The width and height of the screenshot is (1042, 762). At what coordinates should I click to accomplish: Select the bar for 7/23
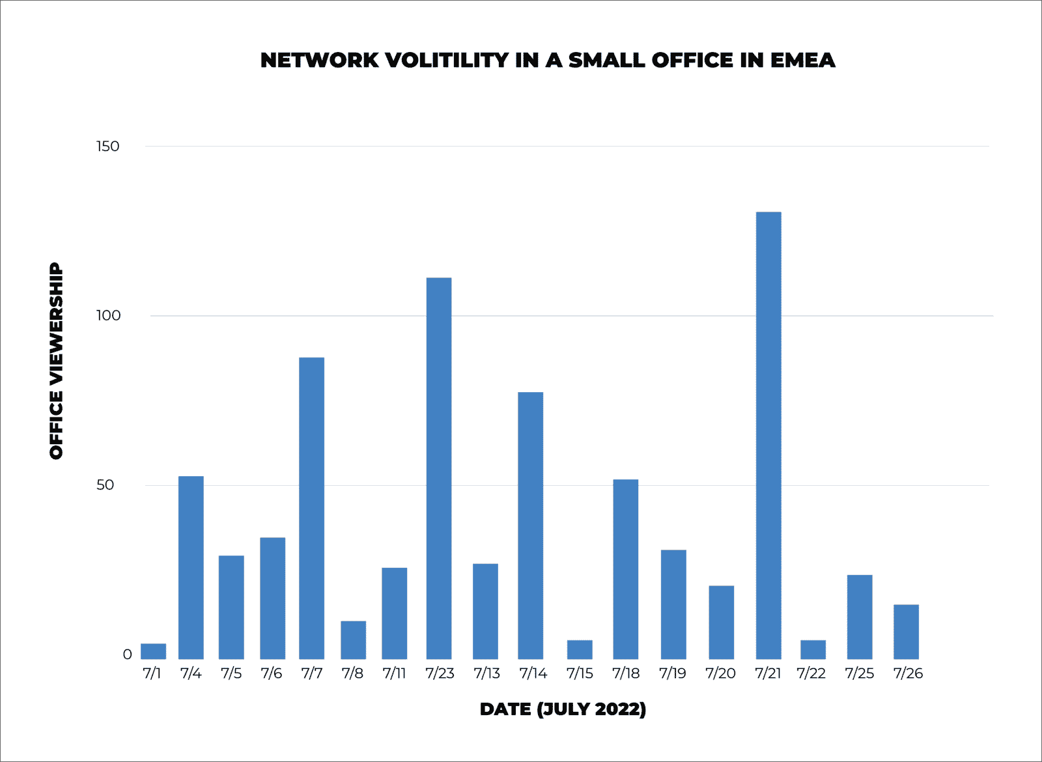tap(439, 468)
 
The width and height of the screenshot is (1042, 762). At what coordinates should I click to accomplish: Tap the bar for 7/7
tap(311, 508)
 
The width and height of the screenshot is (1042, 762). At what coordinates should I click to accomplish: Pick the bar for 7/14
tap(530, 526)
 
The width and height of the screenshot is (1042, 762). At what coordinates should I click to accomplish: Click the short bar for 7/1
tap(153, 651)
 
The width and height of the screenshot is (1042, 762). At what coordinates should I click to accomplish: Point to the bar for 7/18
tap(625, 569)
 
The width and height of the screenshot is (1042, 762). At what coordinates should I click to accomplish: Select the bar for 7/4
tap(191, 567)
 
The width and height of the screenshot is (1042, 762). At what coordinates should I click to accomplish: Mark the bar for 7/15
tap(580, 649)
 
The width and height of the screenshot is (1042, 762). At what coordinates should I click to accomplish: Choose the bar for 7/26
tap(906, 632)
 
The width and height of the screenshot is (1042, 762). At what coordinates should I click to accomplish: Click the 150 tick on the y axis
tap(108, 146)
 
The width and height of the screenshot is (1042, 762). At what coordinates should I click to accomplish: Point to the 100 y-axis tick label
tap(108, 316)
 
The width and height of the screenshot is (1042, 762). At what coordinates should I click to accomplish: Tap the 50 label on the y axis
tap(105, 485)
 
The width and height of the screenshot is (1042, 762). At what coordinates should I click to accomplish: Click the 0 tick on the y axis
tap(127, 655)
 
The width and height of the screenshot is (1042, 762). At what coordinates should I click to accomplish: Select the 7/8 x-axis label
tap(352, 673)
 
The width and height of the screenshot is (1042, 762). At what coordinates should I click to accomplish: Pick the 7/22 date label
tap(811, 673)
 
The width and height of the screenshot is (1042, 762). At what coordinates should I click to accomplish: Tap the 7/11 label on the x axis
tap(394, 673)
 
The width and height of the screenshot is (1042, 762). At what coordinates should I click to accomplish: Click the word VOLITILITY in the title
tap(447, 60)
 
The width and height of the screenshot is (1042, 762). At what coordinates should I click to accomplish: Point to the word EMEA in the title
tap(802, 60)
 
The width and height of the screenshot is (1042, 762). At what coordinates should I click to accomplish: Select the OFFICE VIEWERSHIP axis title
tap(57, 361)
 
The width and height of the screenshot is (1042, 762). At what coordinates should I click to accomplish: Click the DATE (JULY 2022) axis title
tap(563, 709)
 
